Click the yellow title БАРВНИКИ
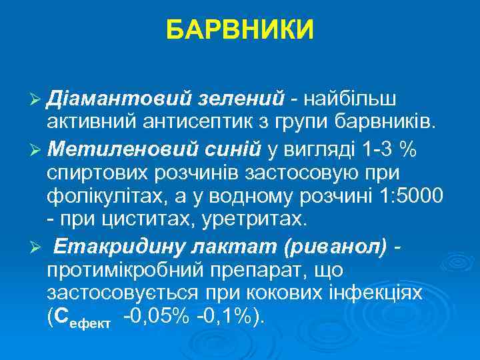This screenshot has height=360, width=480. tap(240, 30)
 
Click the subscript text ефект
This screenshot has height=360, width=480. tap(100, 321)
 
